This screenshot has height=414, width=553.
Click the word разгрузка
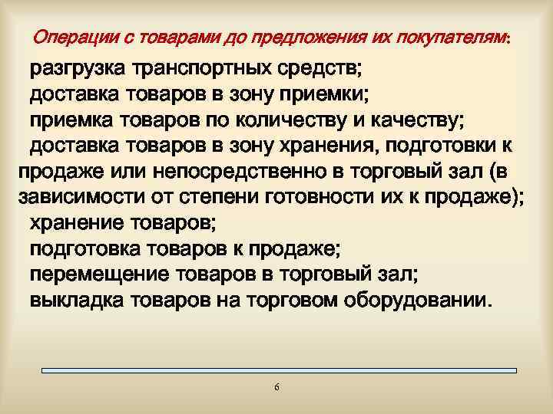point(77,71)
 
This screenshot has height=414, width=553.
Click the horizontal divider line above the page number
point(276,371)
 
